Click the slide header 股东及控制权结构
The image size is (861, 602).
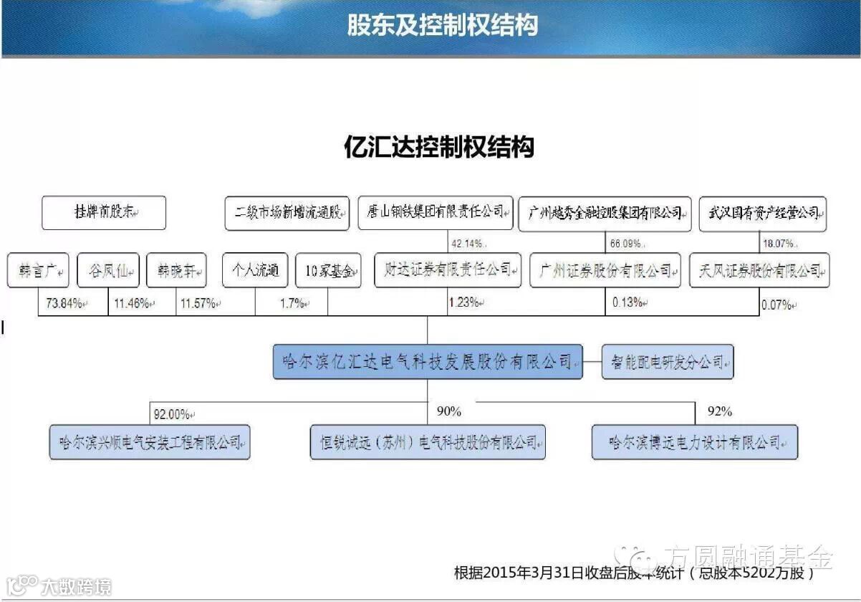point(442,26)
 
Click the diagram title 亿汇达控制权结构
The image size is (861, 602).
point(439,147)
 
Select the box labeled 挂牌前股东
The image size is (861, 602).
point(104,213)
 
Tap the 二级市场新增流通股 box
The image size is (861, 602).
point(287,214)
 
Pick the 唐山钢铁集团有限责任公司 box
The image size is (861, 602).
point(436,213)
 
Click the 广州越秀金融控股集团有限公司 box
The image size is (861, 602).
point(605,214)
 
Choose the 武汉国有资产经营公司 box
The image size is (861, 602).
point(762,214)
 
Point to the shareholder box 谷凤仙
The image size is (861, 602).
point(108,272)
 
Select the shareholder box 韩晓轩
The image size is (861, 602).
point(176,272)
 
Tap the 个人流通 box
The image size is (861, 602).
point(255,271)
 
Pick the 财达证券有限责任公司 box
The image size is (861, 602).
point(448,270)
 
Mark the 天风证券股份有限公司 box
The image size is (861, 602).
point(759,271)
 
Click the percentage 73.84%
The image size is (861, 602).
point(62,303)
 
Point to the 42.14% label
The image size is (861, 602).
point(466,242)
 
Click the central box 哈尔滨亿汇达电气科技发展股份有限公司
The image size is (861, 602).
point(428,362)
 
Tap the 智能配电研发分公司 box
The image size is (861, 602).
point(668,362)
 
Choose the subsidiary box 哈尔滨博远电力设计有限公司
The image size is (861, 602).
point(694,442)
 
